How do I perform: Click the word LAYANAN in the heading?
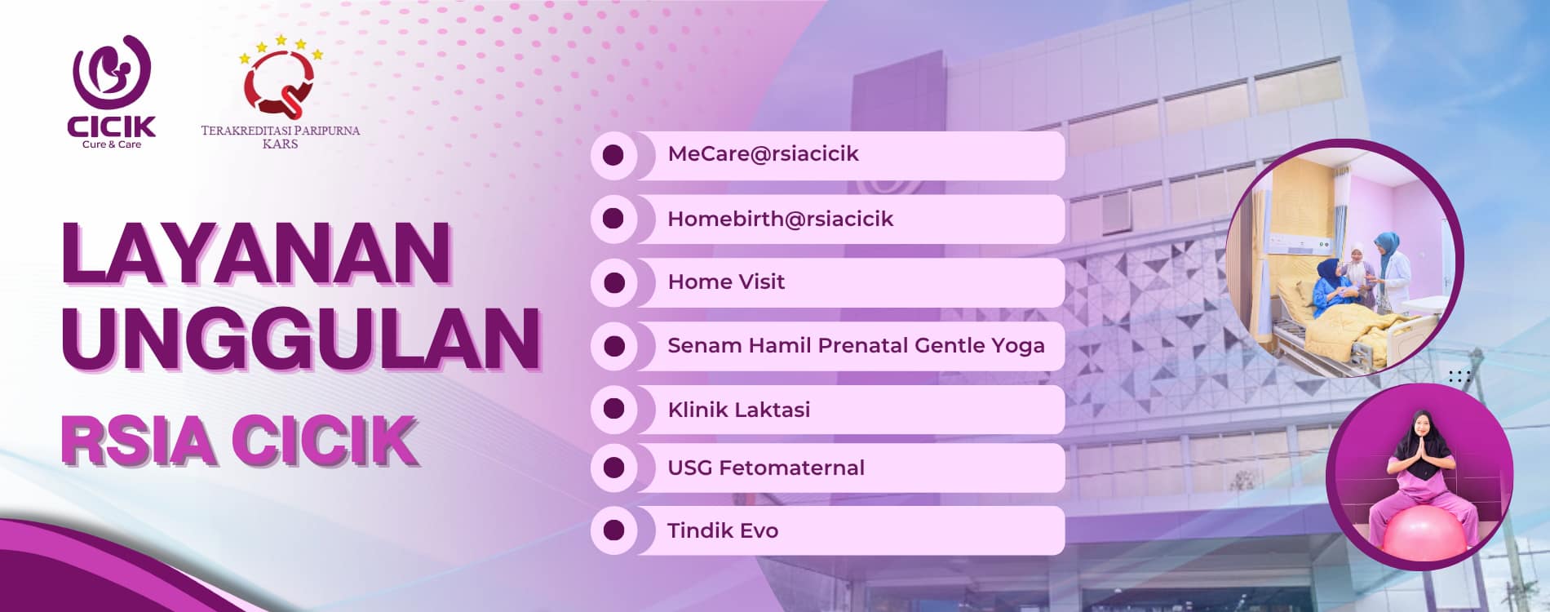pos(256,253)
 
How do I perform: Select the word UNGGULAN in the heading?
pos(301,339)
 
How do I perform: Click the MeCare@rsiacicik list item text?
pos(763,154)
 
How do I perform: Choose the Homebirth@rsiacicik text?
pos(780,219)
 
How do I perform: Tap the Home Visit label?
pos(726,282)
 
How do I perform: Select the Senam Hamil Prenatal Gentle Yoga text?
pos(856,346)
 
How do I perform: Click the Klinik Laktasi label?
pos(739,410)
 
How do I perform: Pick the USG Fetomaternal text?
pos(766,468)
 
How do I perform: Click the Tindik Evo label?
pos(723,530)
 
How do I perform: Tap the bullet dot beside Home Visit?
pos(613,282)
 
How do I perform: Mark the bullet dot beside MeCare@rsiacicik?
pos(613,155)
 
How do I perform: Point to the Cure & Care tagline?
pos(112,144)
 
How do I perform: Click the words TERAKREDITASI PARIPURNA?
pos(281,131)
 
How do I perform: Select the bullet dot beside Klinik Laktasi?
pos(613,410)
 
